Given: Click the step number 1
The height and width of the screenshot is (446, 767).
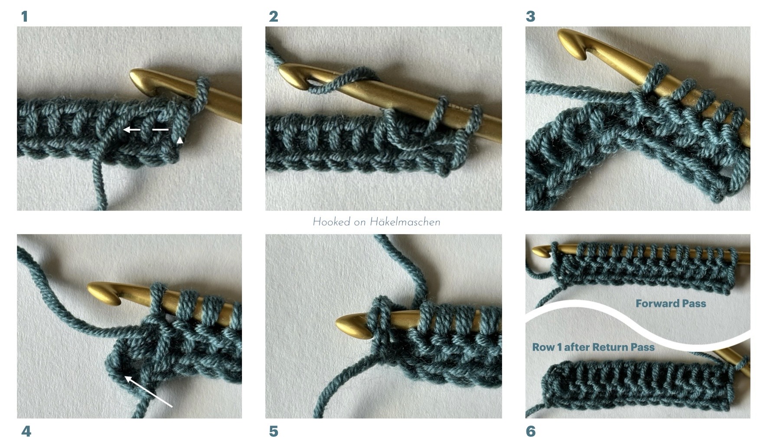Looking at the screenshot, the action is click(x=24, y=16).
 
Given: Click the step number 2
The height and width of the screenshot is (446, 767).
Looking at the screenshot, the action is click(x=273, y=16).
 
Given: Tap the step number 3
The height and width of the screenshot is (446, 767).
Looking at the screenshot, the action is click(x=530, y=16).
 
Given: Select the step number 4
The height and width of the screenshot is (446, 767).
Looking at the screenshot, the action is click(x=26, y=431).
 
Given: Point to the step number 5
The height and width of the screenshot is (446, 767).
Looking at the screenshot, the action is click(x=274, y=431).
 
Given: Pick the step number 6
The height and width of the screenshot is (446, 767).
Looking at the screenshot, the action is click(x=531, y=431).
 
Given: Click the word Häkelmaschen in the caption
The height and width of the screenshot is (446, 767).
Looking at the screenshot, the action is click(x=405, y=222).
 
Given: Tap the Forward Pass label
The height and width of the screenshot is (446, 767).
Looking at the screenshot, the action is click(x=671, y=303).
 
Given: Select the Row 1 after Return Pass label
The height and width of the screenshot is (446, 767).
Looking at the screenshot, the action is click(x=593, y=347).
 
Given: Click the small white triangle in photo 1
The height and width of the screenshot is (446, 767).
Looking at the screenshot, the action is click(x=180, y=140).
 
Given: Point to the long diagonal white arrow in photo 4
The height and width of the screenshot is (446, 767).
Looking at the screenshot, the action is click(x=149, y=391).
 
